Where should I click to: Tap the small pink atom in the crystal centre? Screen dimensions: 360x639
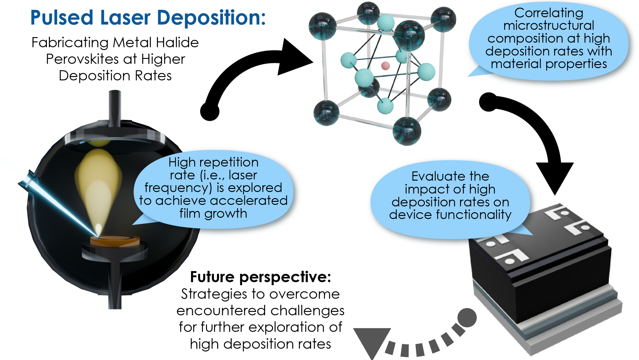point(385,66)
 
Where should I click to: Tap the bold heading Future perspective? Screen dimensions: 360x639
point(261,277)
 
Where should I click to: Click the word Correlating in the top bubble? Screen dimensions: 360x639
point(549,13)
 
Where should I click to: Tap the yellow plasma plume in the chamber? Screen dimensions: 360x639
point(98,184)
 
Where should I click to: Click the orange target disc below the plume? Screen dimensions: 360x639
point(115,241)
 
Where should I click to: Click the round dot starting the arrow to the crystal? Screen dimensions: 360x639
point(210,111)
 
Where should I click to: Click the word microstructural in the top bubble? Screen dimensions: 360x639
point(549,25)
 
